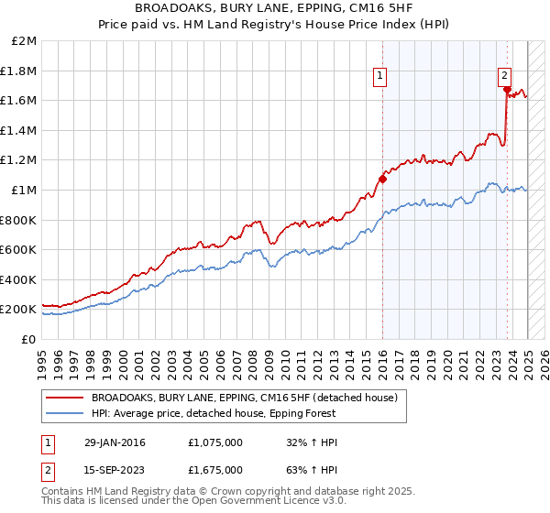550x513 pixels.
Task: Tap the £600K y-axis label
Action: click(18, 249)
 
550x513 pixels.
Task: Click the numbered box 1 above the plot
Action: click(379, 77)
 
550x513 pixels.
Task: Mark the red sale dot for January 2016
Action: click(382, 179)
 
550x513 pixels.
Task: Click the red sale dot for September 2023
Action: click(506, 89)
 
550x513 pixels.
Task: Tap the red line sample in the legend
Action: click(65, 398)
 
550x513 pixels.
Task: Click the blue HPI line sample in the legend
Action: click(65, 413)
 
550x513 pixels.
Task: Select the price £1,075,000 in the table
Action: click(214, 442)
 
